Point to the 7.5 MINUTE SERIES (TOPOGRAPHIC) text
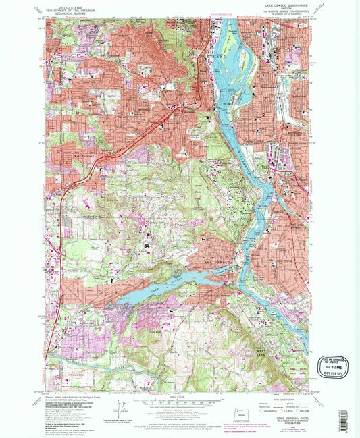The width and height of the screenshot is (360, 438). click(276, 11)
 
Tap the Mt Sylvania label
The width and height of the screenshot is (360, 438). click(108, 200)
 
